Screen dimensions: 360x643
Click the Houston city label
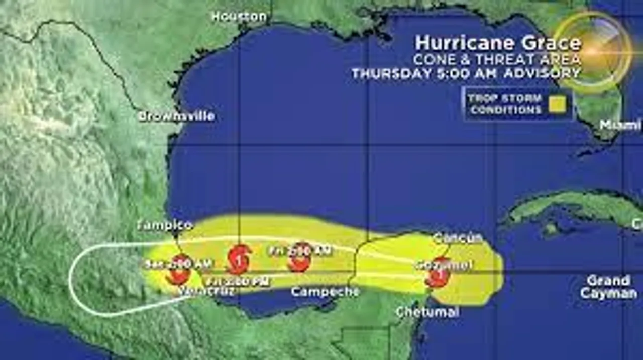(x=239, y=16)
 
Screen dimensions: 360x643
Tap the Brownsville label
(x=176, y=116)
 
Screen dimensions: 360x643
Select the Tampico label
(x=165, y=225)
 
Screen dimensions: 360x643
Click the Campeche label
(x=325, y=291)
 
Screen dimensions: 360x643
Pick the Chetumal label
(x=427, y=312)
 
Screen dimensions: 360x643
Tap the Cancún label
(x=458, y=237)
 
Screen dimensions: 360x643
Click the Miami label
(x=620, y=125)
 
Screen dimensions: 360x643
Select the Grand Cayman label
(x=608, y=287)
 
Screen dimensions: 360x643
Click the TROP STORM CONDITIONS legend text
(x=505, y=104)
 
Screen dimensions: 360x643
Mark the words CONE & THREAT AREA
(x=497, y=59)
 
